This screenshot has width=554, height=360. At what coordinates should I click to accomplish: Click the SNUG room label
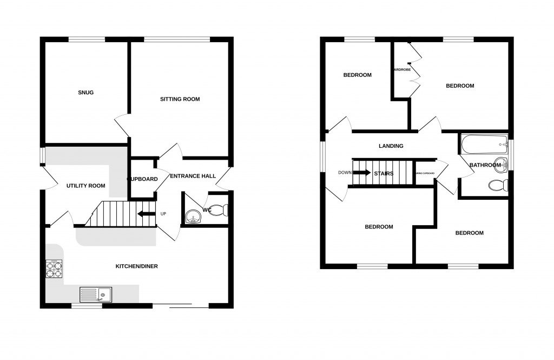(85, 93)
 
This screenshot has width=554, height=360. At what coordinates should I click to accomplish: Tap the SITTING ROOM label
(180, 99)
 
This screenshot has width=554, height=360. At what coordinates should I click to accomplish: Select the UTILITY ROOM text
(85, 186)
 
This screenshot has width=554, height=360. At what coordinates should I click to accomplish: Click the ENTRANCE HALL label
(193, 176)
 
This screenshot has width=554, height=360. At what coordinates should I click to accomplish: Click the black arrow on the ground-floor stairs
(145, 213)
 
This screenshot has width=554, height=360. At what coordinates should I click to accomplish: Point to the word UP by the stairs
(163, 213)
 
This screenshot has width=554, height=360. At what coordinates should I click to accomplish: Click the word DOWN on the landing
(345, 173)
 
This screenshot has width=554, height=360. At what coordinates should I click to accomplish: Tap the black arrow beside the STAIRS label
(362, 173)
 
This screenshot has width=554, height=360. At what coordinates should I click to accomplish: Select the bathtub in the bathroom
(483, 145)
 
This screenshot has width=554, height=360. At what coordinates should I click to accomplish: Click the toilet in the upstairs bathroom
(497, 185)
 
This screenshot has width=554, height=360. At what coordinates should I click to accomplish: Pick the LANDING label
(391, 146)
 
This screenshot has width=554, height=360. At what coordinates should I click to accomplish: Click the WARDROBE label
(402, 70)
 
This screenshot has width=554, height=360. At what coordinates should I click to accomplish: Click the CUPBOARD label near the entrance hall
(142, 179)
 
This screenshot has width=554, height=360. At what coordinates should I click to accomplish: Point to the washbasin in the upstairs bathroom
(502, 164)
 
